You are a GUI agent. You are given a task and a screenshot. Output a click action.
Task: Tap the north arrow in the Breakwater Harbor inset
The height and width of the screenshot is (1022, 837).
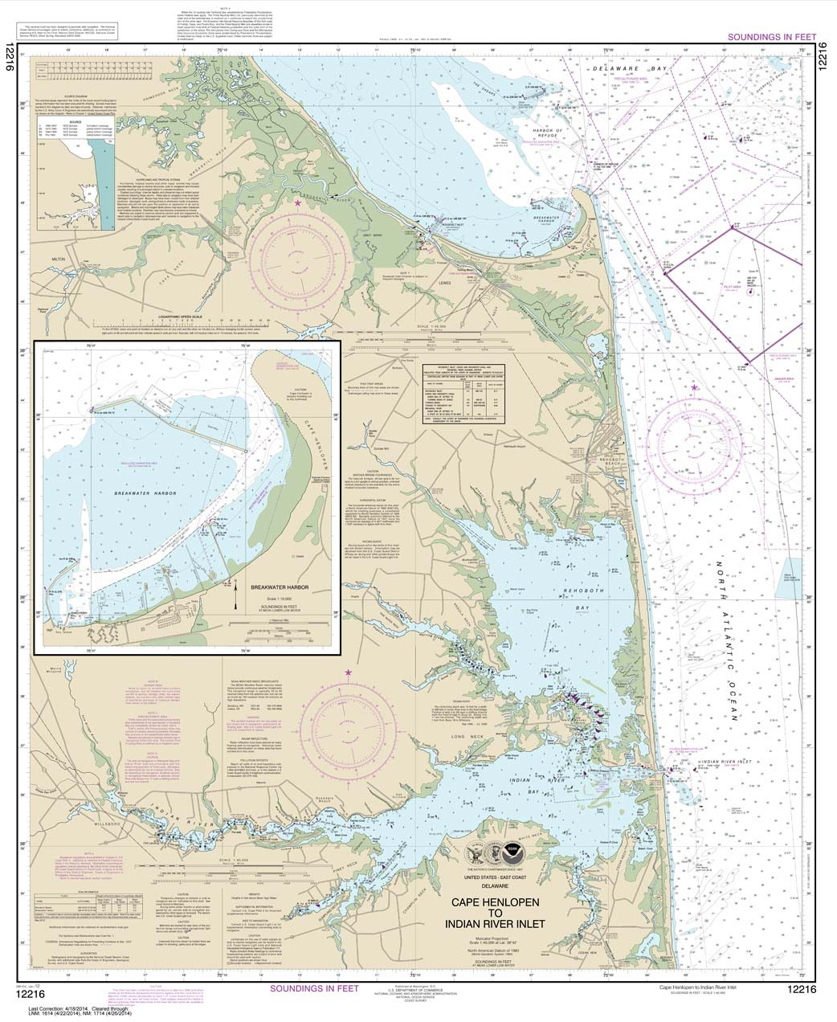click(x=236, y=596)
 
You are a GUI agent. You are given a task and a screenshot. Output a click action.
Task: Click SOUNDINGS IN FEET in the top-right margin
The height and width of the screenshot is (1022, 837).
click(x=771, y=37)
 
